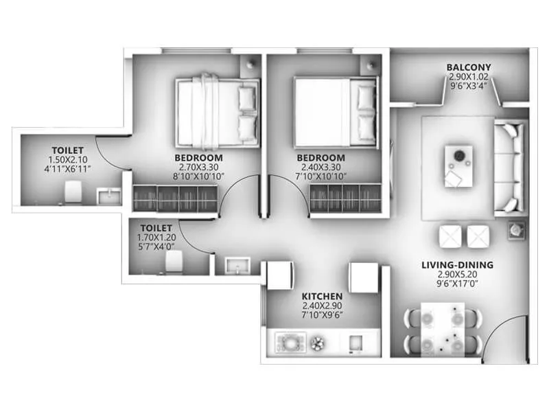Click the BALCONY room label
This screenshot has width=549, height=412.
tap(469, 67)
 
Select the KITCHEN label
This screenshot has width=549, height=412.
tap(322, 296)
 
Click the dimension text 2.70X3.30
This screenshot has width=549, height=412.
tap(198, 166)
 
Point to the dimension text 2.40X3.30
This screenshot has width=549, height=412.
tap(320, 166)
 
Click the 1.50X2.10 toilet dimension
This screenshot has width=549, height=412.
tap(67, 159)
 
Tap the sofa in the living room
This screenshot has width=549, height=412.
tap(510, 167)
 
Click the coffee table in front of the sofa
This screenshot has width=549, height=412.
tap(458, 165)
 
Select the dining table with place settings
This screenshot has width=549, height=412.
tap(443, 330)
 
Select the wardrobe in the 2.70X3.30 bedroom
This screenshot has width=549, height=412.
tap(174, 199)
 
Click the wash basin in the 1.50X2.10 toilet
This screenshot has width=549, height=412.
tap(108, 196)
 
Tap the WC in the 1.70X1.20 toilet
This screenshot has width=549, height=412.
tap(174, 261)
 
